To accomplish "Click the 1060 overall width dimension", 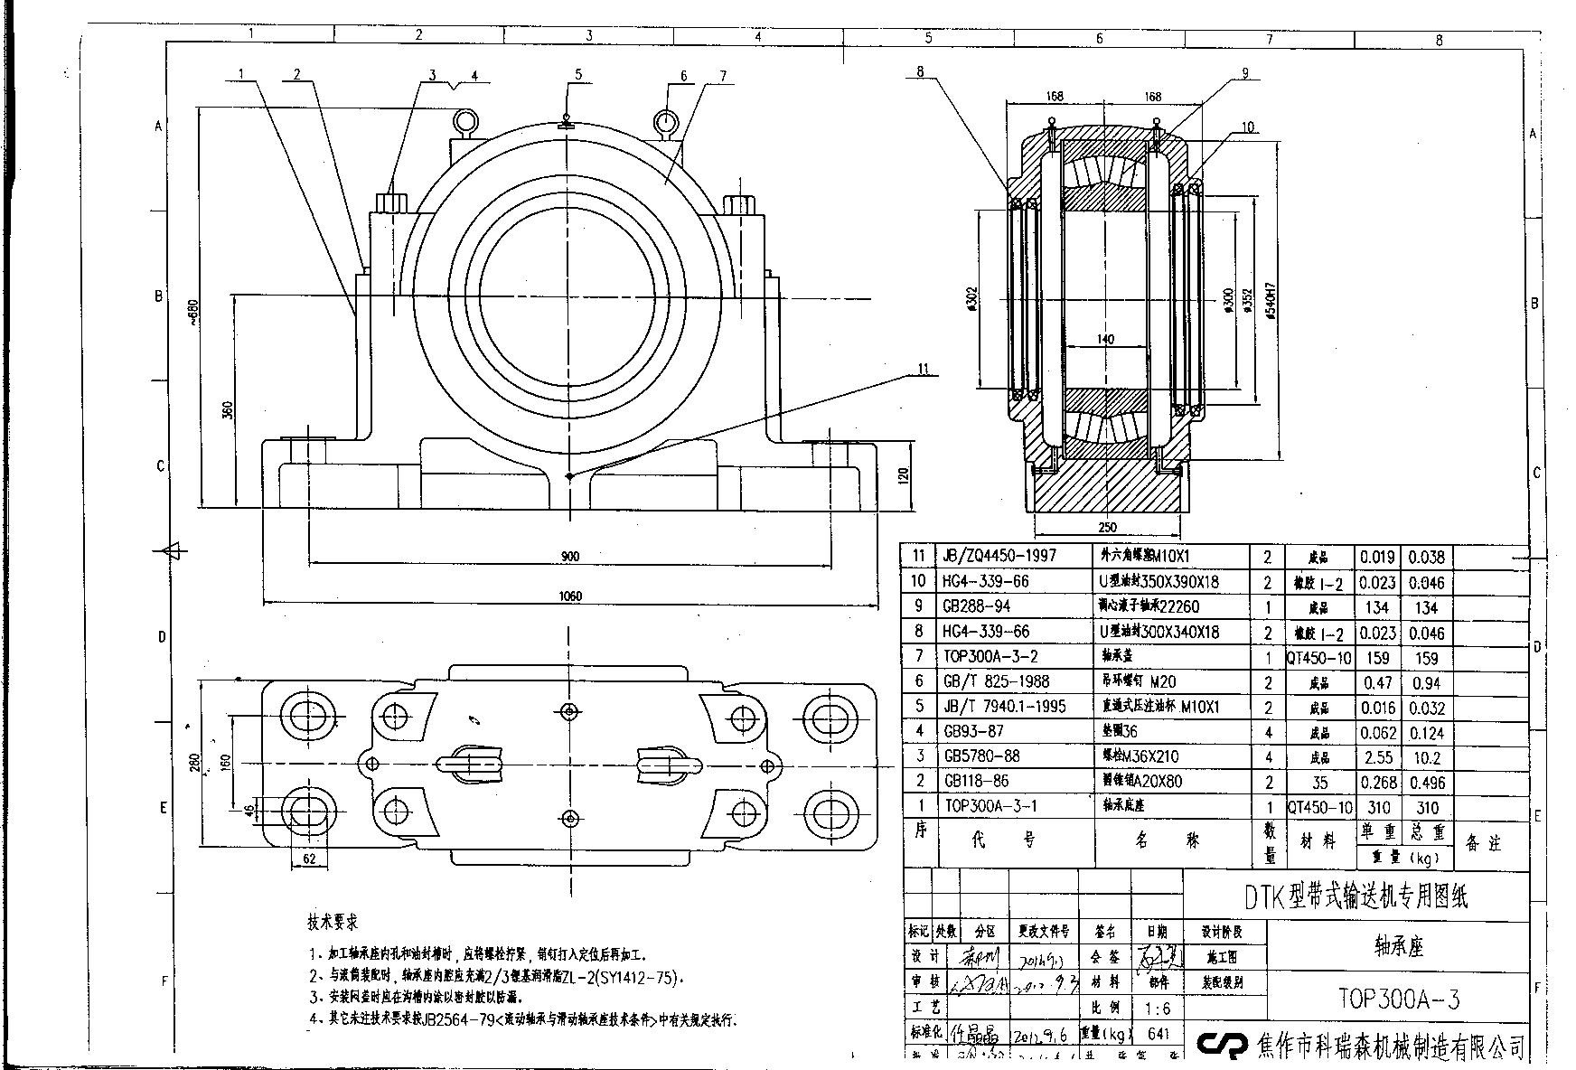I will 570,596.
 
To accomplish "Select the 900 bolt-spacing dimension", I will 569,557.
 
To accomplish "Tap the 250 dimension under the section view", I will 1107,528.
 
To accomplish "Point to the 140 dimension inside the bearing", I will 1104,340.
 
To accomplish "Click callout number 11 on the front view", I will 923,369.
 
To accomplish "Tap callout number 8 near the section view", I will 920,71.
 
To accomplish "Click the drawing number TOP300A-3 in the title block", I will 1398,999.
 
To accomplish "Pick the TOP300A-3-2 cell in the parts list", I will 990,656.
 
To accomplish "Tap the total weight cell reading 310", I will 1427,807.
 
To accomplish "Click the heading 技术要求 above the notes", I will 333,923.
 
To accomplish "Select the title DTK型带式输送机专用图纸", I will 1356,896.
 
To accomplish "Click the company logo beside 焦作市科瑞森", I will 1221,1045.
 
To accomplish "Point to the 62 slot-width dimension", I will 309,859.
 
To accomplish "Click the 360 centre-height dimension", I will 228,410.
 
